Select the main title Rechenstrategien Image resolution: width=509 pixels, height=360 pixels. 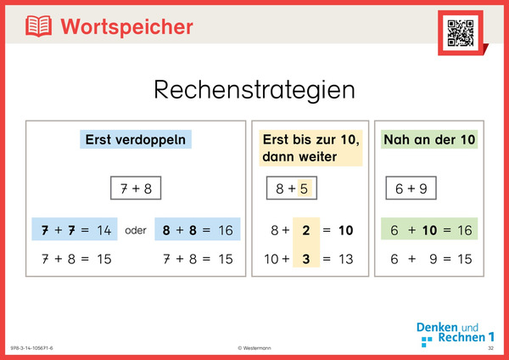pyautogui.click(x=254, y=89)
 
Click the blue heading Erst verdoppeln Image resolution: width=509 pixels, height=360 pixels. pyautogui.click(x=136, y=140)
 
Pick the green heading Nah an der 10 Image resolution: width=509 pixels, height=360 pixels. pyautogui.click(x=429, y=139)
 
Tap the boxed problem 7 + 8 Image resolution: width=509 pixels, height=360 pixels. pyautogui.click(x=136, y=188)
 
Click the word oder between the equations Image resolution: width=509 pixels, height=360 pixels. pyautogui.click(x=136, y=230)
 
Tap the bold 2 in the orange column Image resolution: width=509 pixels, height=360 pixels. pyautogui.click(x=305, y=229)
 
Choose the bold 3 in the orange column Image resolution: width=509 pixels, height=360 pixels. pyautogui.click(x=305, y=258)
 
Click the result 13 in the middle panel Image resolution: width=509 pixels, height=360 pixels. pyautogui.click(x=345, y=258)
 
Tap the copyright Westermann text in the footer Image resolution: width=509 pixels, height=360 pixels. pyautogui.click(x=255, y=349)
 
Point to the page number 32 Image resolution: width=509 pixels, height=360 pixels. pyautogui.click(x=490, y=349)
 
